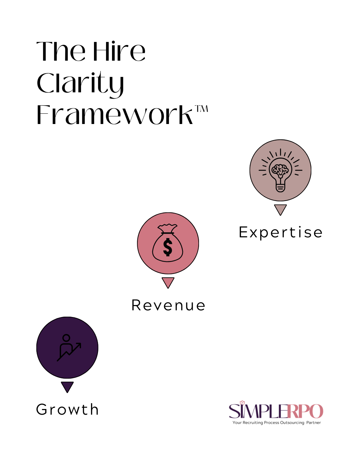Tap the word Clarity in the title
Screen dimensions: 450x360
click(x=80, y=84)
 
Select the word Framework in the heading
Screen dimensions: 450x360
click(x=114, y=115)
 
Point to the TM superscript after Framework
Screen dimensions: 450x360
click(x=202, y=109)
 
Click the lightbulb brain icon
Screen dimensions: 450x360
click(x=280, y=170)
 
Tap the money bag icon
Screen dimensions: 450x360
click(x=168, y=243)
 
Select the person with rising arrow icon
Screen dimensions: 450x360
click(x=68, y=348)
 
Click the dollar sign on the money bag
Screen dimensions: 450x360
click(x=168, y=247)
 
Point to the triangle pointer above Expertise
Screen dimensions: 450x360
click(x=280, y=209)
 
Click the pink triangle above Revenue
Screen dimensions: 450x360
click(x=168, y=282)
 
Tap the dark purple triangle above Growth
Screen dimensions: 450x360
click(x=67, y=387)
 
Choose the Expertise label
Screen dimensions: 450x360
click(x=281, y=232)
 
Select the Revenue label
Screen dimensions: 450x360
click(x=168, y=305)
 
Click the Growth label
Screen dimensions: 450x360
click(x=67, y=409)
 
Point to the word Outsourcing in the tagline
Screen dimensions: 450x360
click(x=292, y=423)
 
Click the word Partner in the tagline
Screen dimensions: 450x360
click(x=314, y=423)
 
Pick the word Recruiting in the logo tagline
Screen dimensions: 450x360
click(x=253, y=423)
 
